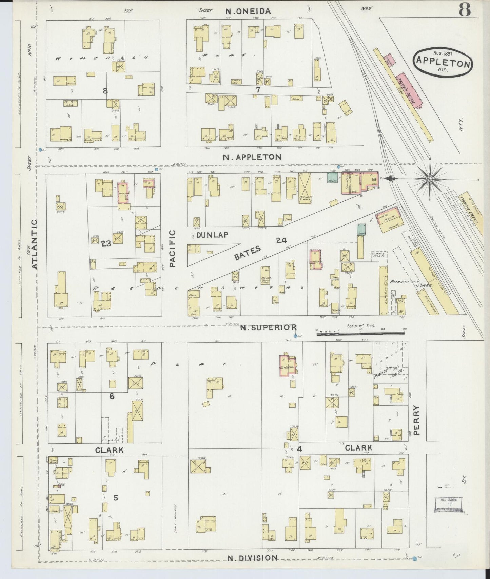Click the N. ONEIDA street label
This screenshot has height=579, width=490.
[248, 11]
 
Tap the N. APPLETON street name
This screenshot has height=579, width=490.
[252, 157]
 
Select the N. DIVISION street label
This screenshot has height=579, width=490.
[253, 558]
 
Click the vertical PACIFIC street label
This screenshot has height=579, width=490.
[172, 249]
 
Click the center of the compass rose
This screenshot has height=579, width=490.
[430, 178]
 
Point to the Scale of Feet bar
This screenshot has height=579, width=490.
[361, 334]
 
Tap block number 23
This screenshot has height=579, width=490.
[106, 243]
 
